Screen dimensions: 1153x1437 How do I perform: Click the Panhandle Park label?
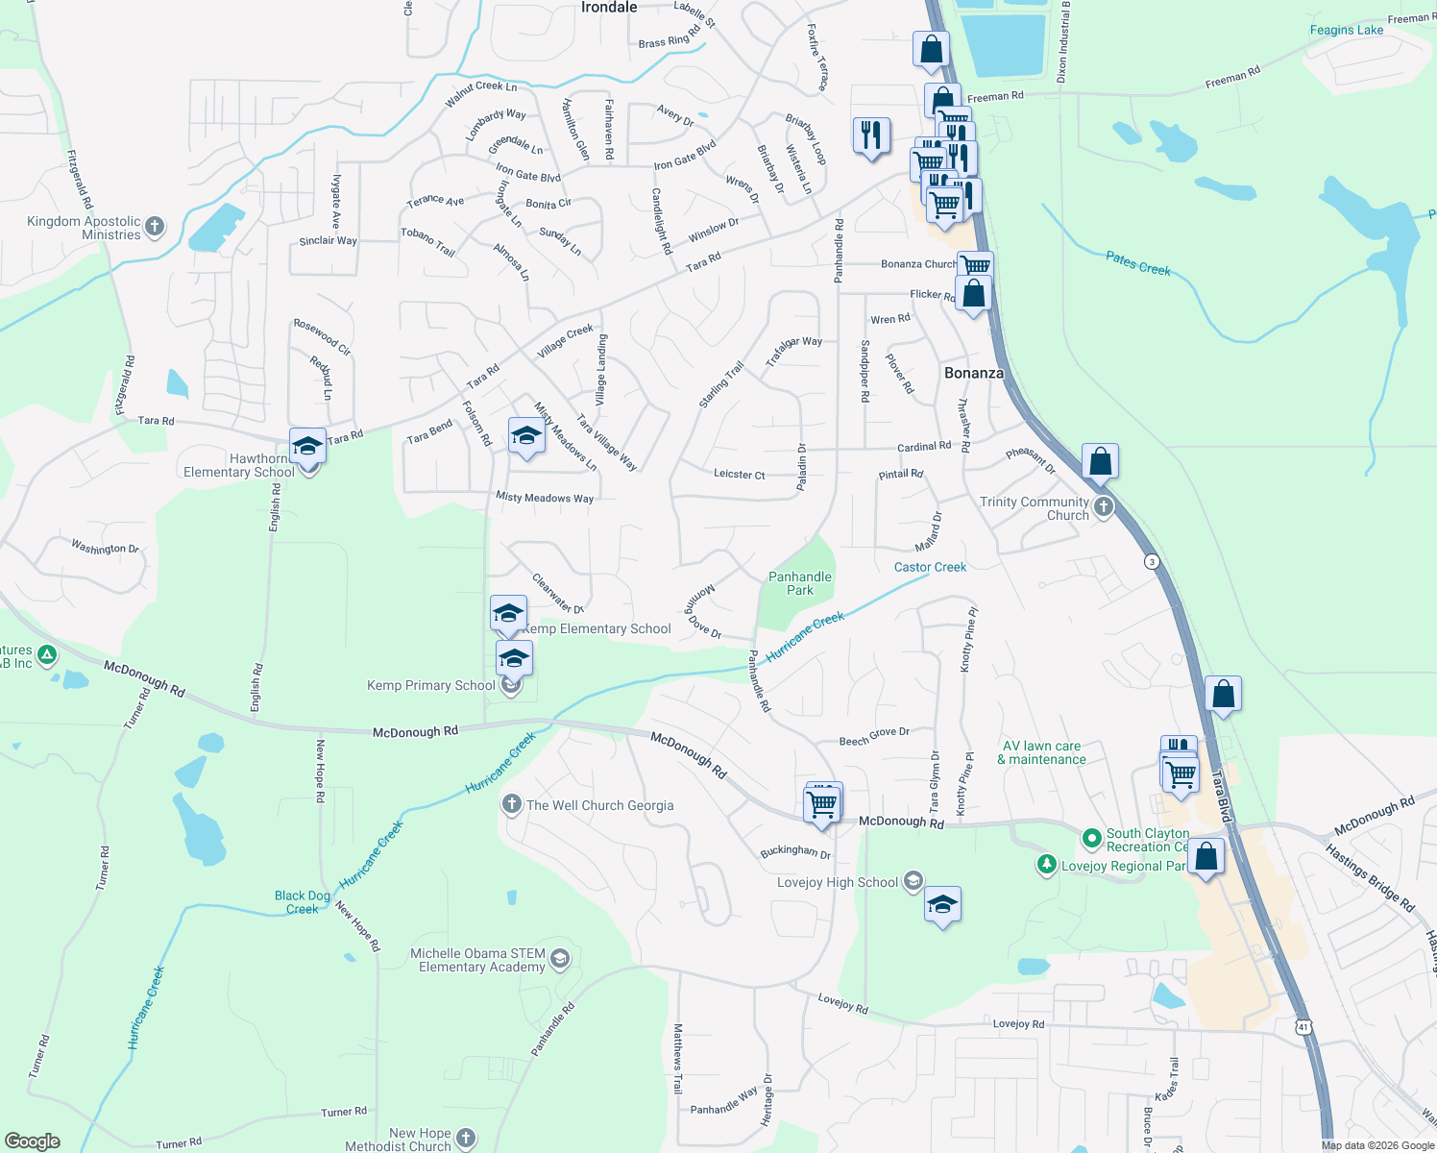click(800, 583)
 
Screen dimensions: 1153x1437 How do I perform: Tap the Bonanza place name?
click(973, 373)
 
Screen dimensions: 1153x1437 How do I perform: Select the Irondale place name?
click(609, 8)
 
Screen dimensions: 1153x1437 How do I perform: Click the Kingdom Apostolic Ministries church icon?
click(155, 228)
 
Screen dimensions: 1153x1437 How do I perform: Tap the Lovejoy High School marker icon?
click(913, 881)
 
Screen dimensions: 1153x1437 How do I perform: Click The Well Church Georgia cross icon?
click(512, 804)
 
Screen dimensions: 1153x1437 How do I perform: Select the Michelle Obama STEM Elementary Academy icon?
click(560, 959)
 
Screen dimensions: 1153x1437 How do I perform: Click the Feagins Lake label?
click(1347, 30)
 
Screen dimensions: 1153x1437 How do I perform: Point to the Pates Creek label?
click(1138, 263)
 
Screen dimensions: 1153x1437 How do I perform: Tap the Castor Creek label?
click(930, 567)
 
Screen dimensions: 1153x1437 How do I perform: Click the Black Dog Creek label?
click(303, 902)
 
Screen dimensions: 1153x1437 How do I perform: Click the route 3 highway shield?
click(1152, 561)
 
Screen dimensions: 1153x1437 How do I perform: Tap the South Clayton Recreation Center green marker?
click(1091, 839)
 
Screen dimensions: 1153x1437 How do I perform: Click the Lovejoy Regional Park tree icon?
click(1047, 865)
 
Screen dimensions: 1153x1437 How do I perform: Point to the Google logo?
click(33, 1141)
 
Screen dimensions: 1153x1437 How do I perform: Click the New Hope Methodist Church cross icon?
click(466, 1139)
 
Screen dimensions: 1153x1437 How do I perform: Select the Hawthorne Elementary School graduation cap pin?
click(307, 447)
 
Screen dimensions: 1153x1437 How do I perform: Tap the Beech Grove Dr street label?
click(873, 737)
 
